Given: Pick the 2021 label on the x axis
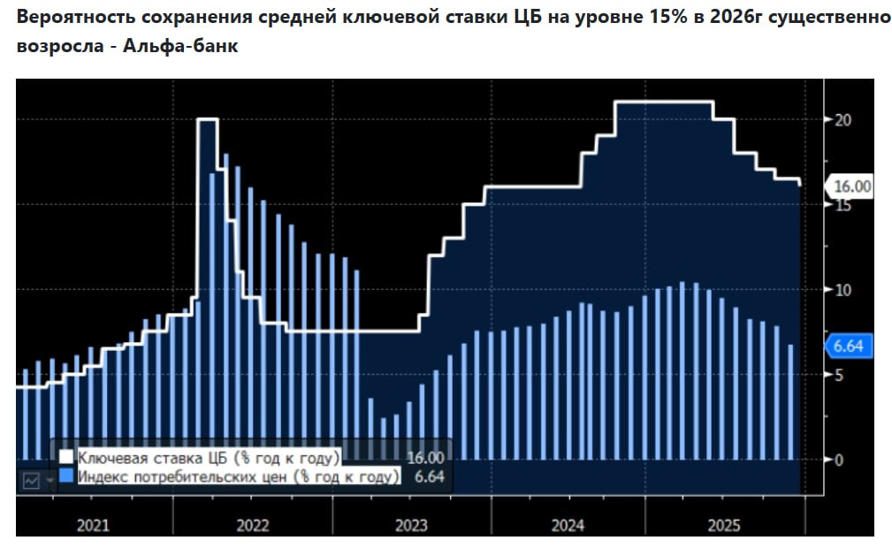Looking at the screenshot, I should click(x=93, y=526).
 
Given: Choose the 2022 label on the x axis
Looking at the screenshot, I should click(x=252, y=526).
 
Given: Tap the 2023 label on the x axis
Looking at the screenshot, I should click(x=410, y=526).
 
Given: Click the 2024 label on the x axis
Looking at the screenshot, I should click(x=568, y=526).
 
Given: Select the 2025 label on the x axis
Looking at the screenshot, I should click(x=725, y=526).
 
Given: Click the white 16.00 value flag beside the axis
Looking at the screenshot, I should click(x=850, y=186).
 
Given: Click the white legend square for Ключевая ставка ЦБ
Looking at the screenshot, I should click(x=66, y=458).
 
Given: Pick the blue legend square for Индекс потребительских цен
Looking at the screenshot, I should click(x=66, y=477).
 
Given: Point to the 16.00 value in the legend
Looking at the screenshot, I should click(x=425, y=458).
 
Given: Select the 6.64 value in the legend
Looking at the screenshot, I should click(x=429, y=477).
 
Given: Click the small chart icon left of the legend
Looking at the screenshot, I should click(x=32, y=480).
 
